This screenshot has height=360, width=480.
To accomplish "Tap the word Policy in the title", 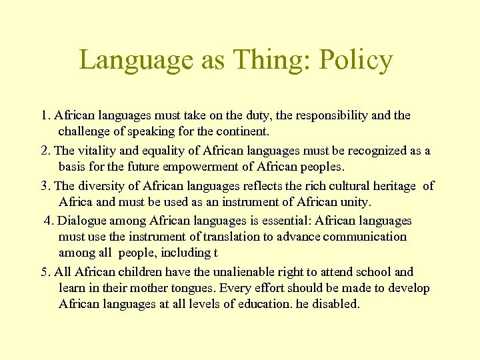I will click(356, 60).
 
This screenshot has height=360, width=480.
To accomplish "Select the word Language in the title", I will click(135, 60).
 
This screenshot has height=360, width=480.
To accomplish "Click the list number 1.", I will click(44, 115).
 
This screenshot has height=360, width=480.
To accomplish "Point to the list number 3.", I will click(44, 186).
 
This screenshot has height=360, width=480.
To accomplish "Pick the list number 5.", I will click(44, 272).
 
